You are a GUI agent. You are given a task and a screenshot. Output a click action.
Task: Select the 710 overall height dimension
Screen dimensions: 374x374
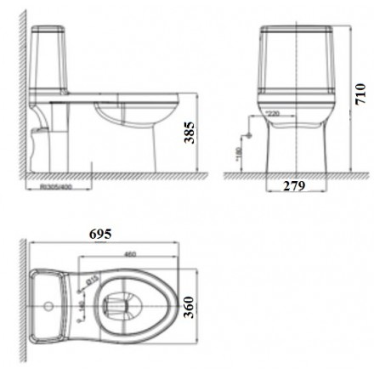(360, 89)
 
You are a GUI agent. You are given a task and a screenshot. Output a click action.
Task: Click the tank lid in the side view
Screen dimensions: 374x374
(52, 32)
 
